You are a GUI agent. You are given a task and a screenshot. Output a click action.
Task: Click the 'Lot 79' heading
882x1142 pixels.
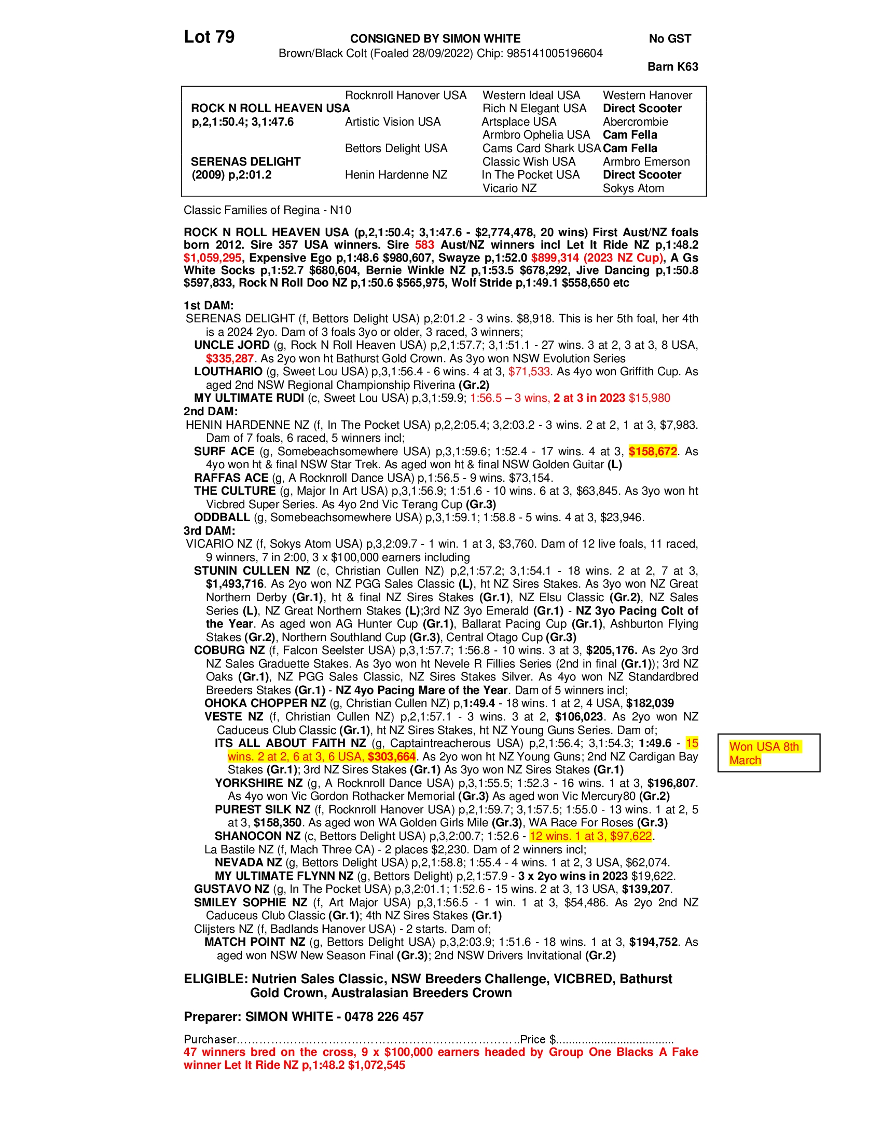coord(209,37)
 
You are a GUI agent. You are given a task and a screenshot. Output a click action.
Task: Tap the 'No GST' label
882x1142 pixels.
coord(670,39)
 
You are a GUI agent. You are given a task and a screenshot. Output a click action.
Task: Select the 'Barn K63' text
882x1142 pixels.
coord(672,67)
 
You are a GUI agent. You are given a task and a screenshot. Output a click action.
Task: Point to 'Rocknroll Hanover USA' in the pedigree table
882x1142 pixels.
coord(406,95)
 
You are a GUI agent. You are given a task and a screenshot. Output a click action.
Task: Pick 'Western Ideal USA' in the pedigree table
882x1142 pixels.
coord(531,95)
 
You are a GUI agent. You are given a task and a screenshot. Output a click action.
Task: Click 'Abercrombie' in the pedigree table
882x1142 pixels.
coord(636,122)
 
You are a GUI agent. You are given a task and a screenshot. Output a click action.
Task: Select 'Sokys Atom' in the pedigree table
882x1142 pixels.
coord(633,188)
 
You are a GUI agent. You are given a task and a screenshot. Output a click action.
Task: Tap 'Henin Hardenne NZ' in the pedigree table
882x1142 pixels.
coord(396,174)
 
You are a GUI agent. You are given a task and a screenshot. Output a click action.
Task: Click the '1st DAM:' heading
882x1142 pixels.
coord(209,305)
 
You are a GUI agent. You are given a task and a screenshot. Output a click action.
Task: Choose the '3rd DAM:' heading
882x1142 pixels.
coord(209,531)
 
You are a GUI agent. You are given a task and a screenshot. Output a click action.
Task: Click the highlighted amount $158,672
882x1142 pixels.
coord(653,451)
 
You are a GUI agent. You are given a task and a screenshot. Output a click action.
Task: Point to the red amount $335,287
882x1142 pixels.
coord(229,359)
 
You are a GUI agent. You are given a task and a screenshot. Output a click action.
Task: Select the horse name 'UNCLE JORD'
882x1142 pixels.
coord(231,345)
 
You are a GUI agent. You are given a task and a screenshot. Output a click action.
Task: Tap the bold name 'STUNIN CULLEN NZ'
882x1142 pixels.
coord(252,570)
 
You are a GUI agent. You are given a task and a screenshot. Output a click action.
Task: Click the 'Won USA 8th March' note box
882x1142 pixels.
coord(768,753)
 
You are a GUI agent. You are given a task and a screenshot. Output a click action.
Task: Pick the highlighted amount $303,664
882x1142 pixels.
coord(391,757)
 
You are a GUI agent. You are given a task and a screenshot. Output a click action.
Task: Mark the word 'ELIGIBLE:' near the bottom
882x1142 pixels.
coord(216,979)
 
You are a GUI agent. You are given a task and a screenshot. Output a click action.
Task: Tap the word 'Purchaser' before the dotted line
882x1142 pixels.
coord(210,1039)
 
